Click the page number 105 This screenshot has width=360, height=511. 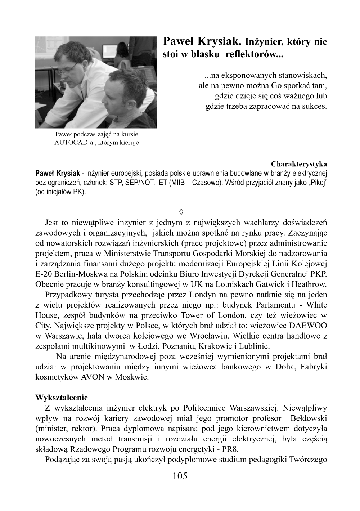point(180,476)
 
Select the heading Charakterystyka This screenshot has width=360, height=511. point(299,164)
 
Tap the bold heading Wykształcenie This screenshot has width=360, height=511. point(62,398)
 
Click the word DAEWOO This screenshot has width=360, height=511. point(308,326)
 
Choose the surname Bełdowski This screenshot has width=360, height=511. point(309,418)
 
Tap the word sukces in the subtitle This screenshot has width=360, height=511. point(315,106)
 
